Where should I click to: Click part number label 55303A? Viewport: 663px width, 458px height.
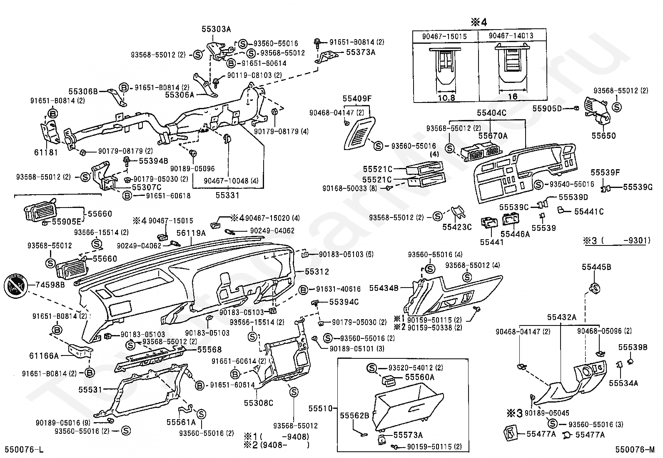(x=216, y=29)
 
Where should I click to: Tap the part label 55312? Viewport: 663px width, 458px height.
(x=317, y=272)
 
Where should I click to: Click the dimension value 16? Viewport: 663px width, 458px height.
(x=512, y=97)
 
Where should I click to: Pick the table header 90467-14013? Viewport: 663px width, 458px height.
(x=511, y=36)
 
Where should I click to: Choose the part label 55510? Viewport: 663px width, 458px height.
(x=321, y=408)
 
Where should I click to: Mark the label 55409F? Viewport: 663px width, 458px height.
(x=357, y=99)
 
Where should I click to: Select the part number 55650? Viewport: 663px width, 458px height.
(x=603, y=136)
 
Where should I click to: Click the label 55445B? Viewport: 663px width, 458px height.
(x=596, y=267)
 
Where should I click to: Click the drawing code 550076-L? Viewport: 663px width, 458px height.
(x=24, y=450)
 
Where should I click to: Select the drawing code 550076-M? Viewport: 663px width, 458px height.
(x=636, y=450)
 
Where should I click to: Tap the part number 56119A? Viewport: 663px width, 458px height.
(x=191, y=233)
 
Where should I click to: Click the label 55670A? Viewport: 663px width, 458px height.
(x=493, y=135)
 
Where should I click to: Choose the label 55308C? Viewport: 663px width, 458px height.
(x=258, y=403)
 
